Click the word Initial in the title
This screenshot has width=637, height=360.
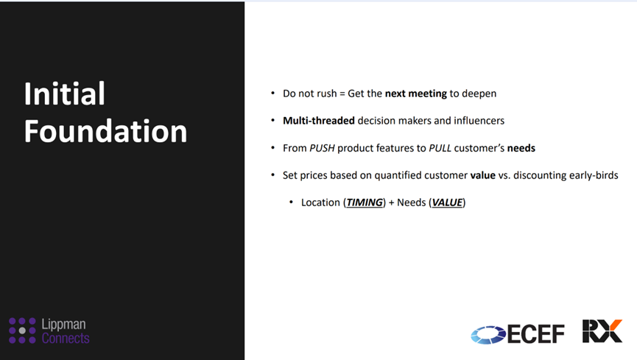point(65,93)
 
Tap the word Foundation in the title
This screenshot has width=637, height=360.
point(105,131)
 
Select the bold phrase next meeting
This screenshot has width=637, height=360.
point(415,93)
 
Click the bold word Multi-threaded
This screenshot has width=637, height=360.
point(319,121)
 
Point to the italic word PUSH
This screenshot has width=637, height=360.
point(322,148)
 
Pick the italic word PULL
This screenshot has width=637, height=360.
point(440,148)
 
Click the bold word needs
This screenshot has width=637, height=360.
point(521,148)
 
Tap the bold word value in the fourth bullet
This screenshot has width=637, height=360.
point(482,175)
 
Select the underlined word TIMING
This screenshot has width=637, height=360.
point(365,202)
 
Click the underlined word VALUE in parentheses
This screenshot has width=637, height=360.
point(447,202)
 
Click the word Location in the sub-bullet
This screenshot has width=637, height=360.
point(320,202)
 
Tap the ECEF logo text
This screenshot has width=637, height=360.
point(536,334)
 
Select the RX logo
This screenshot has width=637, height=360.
point(602,331)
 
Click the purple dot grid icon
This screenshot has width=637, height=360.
point(22,331)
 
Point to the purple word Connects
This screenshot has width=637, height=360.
point(66,338)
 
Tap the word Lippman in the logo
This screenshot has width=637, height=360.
point(64,324)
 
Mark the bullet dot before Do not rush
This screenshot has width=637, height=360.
point(273,93)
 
